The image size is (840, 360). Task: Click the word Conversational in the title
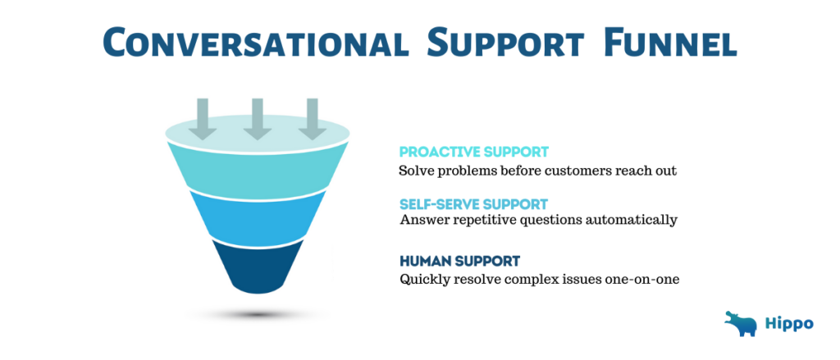256,43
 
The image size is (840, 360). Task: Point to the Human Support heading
459,261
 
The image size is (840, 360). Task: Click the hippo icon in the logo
741,324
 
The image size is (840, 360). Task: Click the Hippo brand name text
791,324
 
